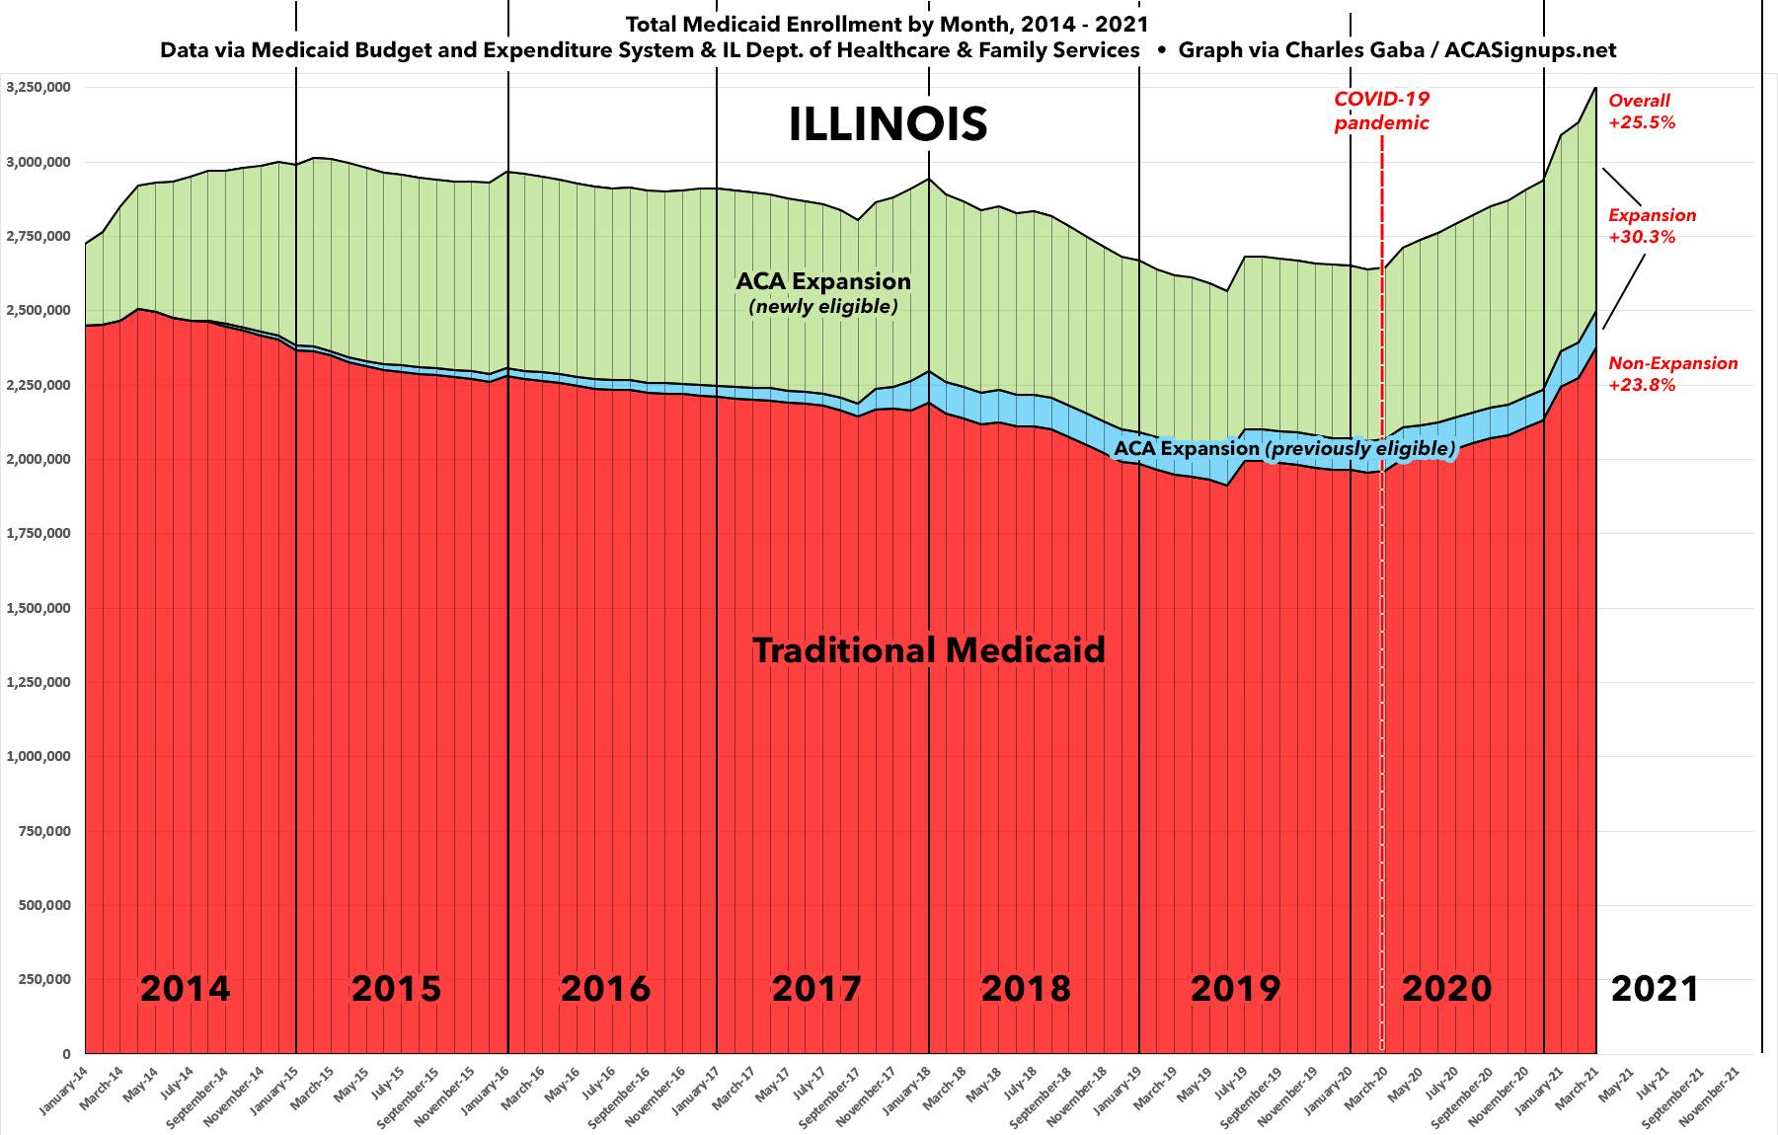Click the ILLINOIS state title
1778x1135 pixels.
tap(888, 124)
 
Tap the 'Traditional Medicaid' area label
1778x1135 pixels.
tap(928, 650)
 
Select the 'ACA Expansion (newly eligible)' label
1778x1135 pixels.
tap(823, 292)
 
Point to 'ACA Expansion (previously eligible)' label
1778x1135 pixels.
tap(1283, 449)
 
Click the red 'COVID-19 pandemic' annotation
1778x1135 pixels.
tap(1381, 111)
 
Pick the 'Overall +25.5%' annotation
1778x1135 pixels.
tap(1642, 112)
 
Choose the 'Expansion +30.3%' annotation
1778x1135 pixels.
tap(1652, 226)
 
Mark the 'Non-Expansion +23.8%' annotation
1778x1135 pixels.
tap(1672, 374)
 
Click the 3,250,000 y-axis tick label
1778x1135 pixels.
tap(38, 87)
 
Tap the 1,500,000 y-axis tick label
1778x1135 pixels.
tap(38, 608)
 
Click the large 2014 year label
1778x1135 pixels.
tap(186, 988)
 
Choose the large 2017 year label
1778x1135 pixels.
tap(816, 988)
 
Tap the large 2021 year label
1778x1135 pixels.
tap(1655, 988)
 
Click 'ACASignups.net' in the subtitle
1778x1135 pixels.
tap(1530, 50)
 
